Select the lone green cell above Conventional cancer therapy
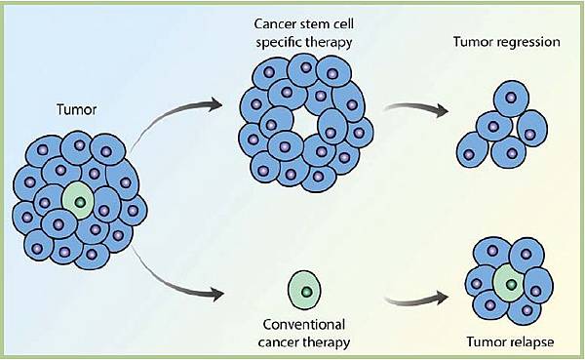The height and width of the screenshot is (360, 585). (x=306, y=290)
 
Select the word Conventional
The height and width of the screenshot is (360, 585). (x=306, y=325)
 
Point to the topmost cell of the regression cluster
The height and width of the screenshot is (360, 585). (x=508, y=99)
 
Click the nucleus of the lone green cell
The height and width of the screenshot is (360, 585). (x=307, y=291)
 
